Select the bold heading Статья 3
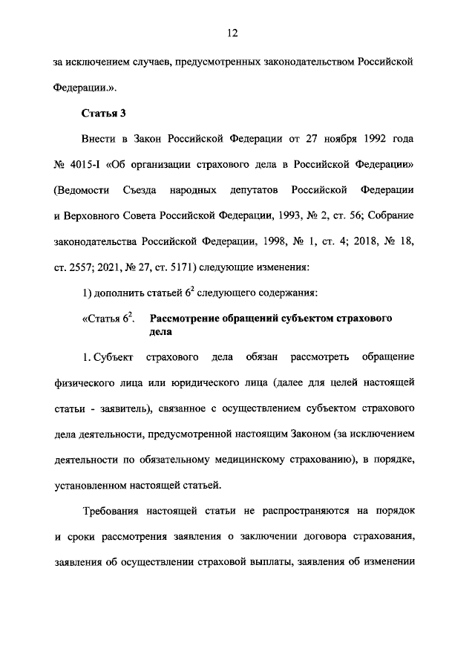100,113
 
